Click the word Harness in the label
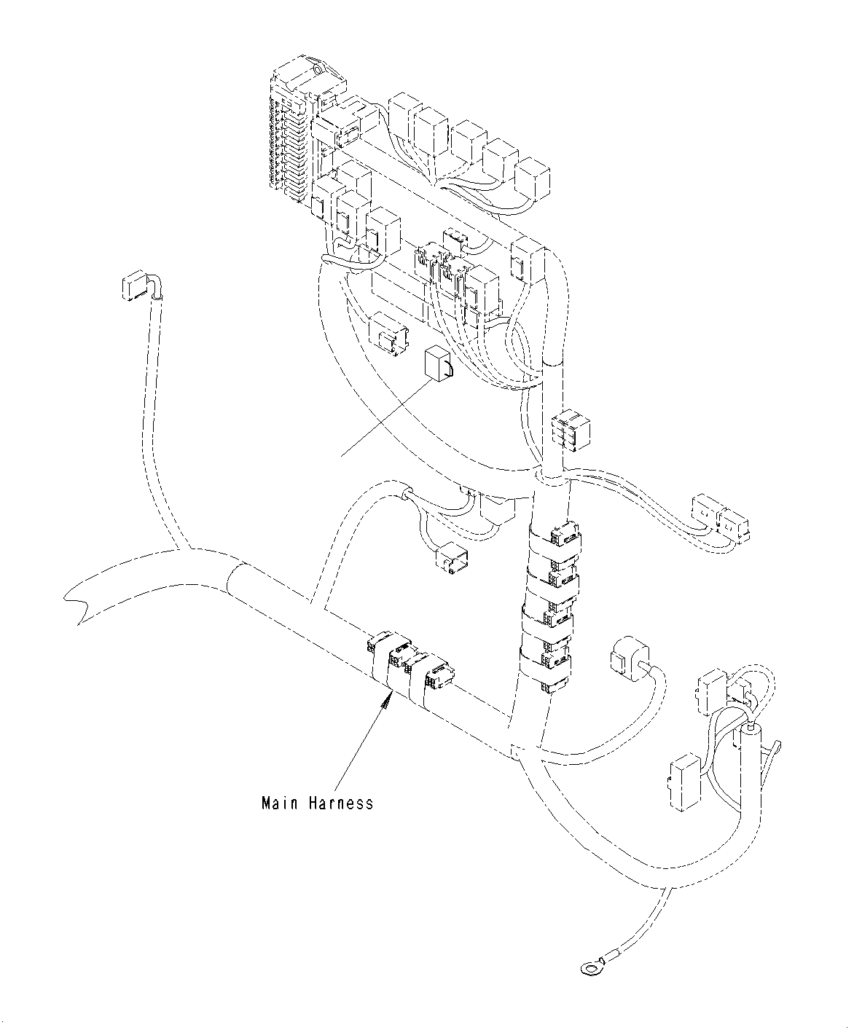[x=340, y=803]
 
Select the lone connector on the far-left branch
[x=132, y=287]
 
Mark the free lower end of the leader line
[x=342, y=456]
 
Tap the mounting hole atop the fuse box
[x=320, y=71]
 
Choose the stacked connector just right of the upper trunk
[x=570, y=428]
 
